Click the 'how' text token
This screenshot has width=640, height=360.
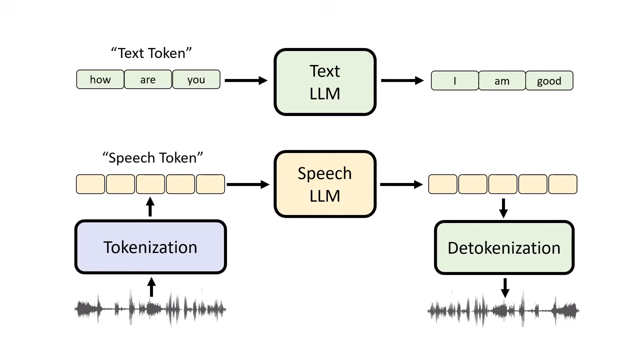pyautogui.click(x=100, y=79)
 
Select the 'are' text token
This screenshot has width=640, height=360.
pyautogui.click(x=148, y=79)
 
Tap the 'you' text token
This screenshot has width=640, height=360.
pyautogui.click(x=196, y=79)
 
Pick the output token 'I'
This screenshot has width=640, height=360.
pyautogui.click(x=454, y=80)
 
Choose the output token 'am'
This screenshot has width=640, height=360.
pyautogui.click(x=502, y=80)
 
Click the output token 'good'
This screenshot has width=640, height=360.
pyautogui.click(x=549, y=80)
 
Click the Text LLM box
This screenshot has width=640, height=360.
pyautogui.click(x=325, y=82)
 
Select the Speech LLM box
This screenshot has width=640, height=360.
pyautogui.click(x=325, y=184)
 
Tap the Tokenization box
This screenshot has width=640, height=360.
pyautogui.click(x=150, y=247)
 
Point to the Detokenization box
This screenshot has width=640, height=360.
pyautogui.click(x=504, y=247)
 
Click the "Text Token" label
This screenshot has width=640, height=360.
pyautogui.click(x=151, y=52)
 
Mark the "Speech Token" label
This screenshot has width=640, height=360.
pyautogui.click(x=152, y=157)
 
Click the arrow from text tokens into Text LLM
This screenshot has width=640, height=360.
pyautogui.click(x=245, y=80)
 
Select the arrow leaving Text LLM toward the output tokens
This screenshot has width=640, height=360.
pyautogui.click(x=402, y=80)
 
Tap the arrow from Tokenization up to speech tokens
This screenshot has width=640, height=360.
pyautogui.click(x=150, y=207)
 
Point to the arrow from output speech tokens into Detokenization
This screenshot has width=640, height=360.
pyautogui.click(x=503, y=207)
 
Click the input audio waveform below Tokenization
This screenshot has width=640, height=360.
pyautogui.click(x=150, y=309)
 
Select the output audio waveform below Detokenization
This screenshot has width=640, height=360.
pyautogui.click(x=503, y=310)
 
